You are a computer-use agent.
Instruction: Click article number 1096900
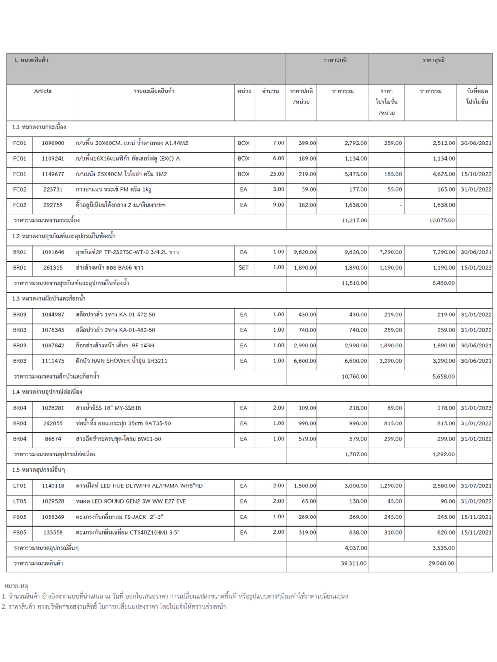(53, 143)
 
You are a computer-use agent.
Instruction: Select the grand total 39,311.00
(354, 563)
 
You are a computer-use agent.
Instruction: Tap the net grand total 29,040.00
(441, 563)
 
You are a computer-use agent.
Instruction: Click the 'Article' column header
(43, 91)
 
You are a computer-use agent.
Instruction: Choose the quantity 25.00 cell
(277, 174)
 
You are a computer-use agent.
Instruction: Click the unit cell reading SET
(243, 268)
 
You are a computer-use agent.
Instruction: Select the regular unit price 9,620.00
(305, 252)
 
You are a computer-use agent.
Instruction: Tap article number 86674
(53, 439)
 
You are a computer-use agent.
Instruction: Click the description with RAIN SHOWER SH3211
(121, 361)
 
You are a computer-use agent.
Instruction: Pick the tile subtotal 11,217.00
(354, 220)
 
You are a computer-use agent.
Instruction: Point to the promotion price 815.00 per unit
(392, 423)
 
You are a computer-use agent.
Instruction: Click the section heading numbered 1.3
(49, 299)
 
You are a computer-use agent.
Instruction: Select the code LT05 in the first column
(19, 501)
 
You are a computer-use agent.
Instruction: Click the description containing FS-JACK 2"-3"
(119, 517)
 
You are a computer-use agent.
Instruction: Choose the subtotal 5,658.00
(443, 377)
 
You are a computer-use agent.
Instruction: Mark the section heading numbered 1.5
(39, 470)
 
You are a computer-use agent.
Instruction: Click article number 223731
(53, 190)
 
